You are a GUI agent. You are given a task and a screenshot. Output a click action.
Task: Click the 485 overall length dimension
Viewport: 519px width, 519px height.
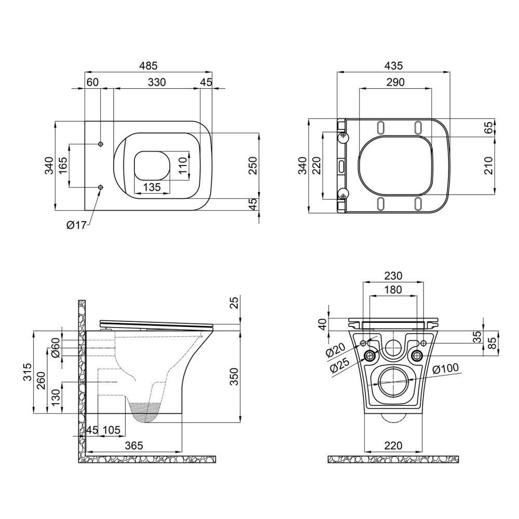tap(148, 65)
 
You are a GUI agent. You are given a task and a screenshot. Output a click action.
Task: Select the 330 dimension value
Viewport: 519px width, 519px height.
tap(157, 82)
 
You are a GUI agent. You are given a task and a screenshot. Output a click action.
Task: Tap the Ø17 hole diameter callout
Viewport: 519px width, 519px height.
tap(76, 225)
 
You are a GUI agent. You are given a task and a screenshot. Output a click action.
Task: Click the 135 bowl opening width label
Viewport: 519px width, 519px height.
tap(152, 187)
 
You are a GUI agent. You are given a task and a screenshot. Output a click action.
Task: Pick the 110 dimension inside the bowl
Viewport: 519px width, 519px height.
tap(182, 167)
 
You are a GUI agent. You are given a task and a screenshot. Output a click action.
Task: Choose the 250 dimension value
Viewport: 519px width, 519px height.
tap(253, 166)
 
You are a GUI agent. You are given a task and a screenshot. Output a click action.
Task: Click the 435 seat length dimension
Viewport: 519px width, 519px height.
tap(394, 65)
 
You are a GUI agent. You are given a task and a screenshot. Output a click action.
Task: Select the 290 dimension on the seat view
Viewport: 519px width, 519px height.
tap(395, 82)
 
